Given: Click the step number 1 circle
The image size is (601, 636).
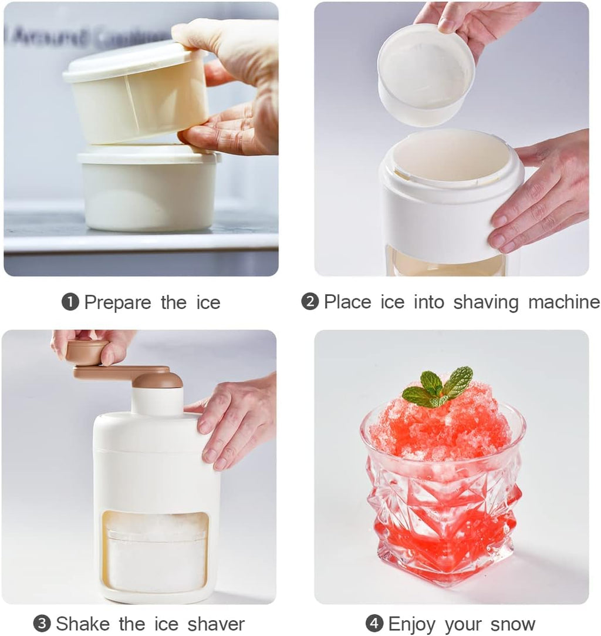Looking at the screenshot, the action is click(70, 302).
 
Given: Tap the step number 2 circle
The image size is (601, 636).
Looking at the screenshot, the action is click(310, 302).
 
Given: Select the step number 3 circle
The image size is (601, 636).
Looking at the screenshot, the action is click(42, 624).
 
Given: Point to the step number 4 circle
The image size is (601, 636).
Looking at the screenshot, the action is click(374, 624).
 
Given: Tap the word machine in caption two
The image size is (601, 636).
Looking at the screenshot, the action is click(563, 302).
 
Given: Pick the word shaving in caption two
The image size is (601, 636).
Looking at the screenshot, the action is click(486, 303).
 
